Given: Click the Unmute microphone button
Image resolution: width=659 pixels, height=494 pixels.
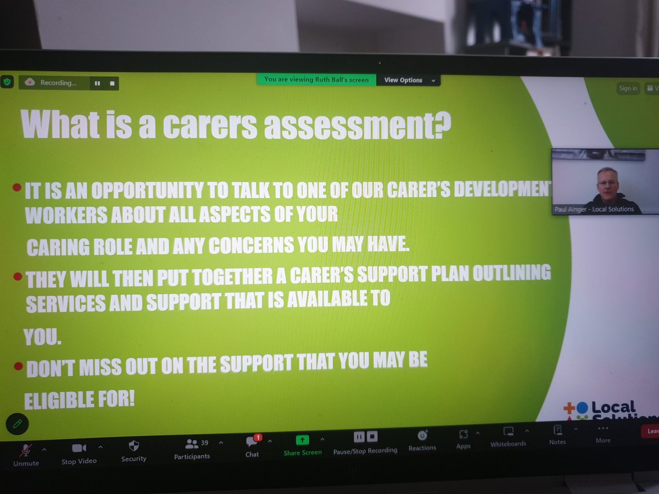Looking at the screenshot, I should pos(25,451).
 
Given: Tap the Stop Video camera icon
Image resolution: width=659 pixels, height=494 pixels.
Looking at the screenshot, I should pos(79,448).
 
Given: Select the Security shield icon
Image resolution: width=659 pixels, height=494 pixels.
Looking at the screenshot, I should pos(133,446).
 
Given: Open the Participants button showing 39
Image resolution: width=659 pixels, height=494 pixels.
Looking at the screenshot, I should pos(192,444).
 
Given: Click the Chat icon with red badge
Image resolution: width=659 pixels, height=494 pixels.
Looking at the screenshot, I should pos(252,441).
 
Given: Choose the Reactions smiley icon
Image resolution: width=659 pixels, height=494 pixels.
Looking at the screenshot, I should pos(422,436).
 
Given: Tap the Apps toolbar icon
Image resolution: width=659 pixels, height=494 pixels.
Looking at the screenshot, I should pos(463,434).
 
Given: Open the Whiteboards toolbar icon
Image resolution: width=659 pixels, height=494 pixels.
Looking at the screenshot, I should pos(508,432).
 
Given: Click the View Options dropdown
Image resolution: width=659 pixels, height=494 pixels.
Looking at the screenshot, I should pos(408,80).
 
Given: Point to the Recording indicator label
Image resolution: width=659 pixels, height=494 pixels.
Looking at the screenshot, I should pos(58,83).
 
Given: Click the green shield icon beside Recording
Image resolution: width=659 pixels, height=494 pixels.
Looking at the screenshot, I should pos(7,82).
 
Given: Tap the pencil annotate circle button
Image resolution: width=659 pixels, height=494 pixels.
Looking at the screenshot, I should pos(17,424).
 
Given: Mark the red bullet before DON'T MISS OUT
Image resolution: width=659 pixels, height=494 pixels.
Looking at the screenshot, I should pos(18,366).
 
